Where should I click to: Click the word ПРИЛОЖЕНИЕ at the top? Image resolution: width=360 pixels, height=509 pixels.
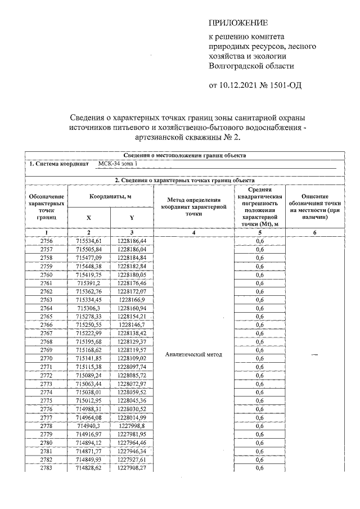pos(238,23)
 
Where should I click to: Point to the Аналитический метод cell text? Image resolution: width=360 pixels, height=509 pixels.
pos(194,354)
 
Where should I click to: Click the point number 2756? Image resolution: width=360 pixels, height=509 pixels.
pos(47,241)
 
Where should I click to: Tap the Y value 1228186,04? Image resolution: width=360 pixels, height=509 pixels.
pos(132,249)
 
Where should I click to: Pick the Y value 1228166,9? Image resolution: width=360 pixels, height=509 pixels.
pos(132,300)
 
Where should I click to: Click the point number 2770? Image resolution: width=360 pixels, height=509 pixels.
pos(47,358)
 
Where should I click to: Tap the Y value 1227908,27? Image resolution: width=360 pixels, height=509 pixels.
pos(132,468)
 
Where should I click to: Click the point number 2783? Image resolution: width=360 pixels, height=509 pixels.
pos(47,468)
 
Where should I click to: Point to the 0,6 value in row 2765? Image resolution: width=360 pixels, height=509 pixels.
pos(260,317)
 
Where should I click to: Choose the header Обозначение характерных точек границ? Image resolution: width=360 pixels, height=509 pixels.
pos(47,205)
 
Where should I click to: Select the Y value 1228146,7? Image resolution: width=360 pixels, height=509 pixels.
pos(132,325)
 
